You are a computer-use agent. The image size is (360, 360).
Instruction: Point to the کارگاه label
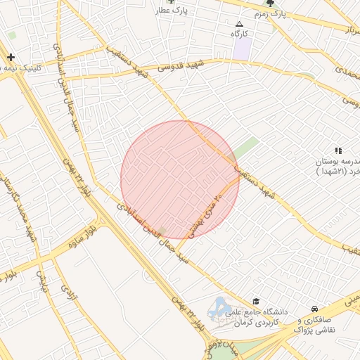tap(241, 33)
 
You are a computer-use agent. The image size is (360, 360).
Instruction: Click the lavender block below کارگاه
tap(242, 49)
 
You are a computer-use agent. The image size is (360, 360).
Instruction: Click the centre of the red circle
tap(180, 180)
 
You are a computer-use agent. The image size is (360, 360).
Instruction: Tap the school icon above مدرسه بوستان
tap(338, 150)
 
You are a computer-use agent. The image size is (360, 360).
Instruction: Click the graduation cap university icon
tap(255, 300)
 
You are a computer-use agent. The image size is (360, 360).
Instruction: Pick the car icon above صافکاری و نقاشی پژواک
tap(314, 309)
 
